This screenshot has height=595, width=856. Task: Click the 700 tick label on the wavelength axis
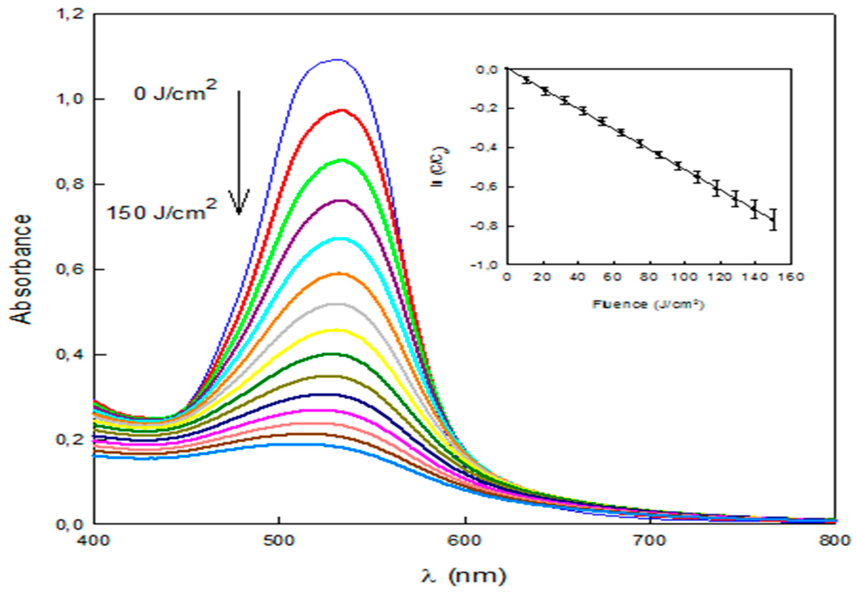coord(649,541)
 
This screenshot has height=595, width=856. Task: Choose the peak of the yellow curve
coord(335,330)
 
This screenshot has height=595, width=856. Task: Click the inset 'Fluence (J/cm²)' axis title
coord(648,305)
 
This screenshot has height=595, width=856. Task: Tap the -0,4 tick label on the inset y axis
coord(483,148)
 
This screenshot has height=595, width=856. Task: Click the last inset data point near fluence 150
coord(773,220)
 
